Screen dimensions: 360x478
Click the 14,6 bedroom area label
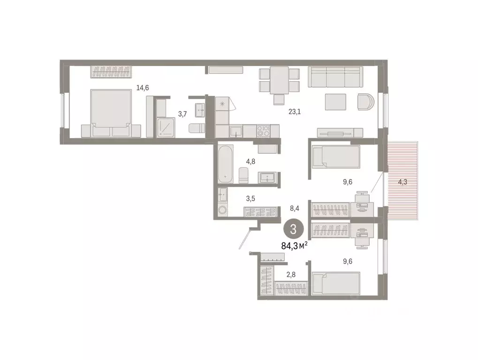point(143,88)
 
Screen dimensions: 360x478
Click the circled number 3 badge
point(293,230)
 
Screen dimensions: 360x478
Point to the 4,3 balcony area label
point(402,181)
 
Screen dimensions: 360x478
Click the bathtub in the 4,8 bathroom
point(225,164)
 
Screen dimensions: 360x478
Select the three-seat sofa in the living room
point(335,77)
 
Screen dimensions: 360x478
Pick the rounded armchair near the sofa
point(366,101)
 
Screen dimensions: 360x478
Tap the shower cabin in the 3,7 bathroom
point(166,127)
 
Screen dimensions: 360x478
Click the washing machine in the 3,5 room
point(222,210)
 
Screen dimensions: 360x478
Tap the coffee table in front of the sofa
point(335,101)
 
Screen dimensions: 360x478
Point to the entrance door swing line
point(243,239)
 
